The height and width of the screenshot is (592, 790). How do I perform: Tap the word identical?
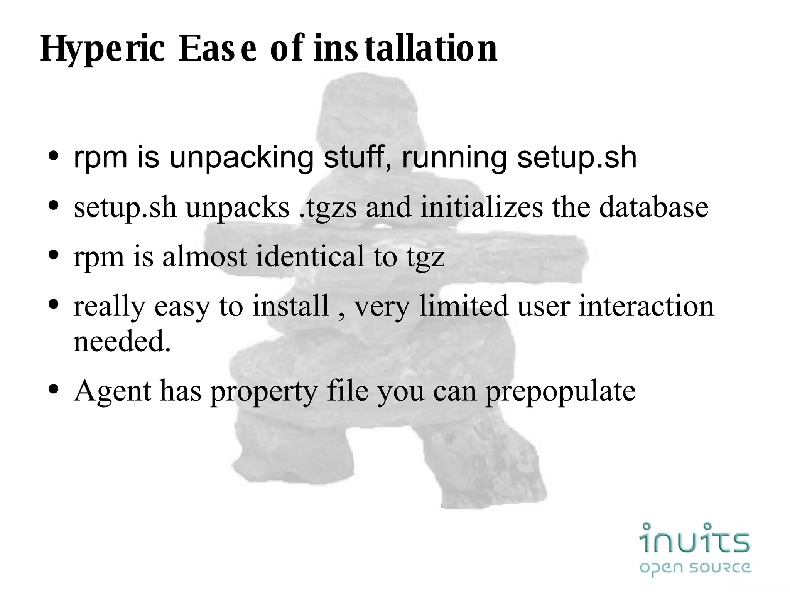coord(310,256)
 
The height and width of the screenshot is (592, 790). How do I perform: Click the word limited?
coord(464,306)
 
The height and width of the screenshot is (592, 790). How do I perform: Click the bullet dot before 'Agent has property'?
coord(54,389)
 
